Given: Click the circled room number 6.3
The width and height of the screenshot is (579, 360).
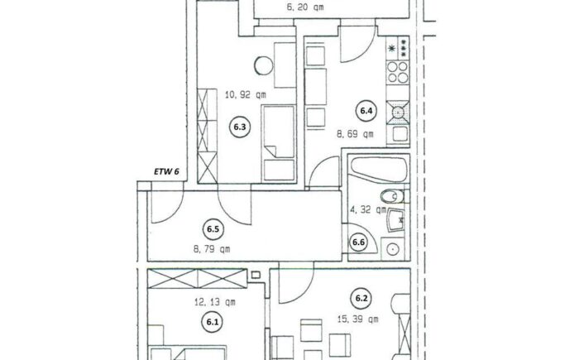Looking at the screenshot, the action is (x=240, y=127).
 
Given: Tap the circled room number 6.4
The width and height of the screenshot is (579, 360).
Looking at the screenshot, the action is (x=366, y=111).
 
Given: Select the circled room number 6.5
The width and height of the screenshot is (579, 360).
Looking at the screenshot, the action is (x=213, y=229).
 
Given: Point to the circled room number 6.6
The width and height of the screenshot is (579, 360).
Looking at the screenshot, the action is (x=358, y=242).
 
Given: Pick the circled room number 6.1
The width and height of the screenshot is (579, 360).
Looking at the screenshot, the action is (x=212, y=322).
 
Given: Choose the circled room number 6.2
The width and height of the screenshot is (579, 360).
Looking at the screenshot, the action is (x=361, y=298).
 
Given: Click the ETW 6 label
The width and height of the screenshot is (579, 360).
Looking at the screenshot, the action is (x=166, y=171).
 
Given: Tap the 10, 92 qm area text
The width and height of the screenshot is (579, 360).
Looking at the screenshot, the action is (x=245, y=95).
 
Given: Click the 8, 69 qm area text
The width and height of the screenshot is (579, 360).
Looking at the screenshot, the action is (x=355, y=134).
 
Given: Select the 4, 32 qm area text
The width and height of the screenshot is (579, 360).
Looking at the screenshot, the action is (x=368, y=210).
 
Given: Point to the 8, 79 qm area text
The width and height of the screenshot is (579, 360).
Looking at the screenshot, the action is (x=212, y=249).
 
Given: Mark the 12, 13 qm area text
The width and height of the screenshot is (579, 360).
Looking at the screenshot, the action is (x=215, y=302).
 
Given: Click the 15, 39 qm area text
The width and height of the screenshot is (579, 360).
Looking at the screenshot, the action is (x=358, y=319).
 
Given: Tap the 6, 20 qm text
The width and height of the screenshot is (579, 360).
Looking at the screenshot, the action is (x=305, y=7).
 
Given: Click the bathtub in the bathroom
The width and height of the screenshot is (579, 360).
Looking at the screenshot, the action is (x=379, y=170).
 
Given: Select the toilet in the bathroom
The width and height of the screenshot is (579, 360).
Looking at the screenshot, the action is (x=393, y=196).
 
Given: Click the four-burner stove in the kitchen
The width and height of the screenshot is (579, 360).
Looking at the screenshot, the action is (x=398, y=72).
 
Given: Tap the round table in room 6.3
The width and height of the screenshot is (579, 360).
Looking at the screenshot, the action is (x=264, y=65).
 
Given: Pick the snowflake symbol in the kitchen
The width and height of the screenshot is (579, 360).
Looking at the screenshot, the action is (x=391, y=48).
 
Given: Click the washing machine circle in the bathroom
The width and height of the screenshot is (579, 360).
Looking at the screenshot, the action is (x=393, y=249).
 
